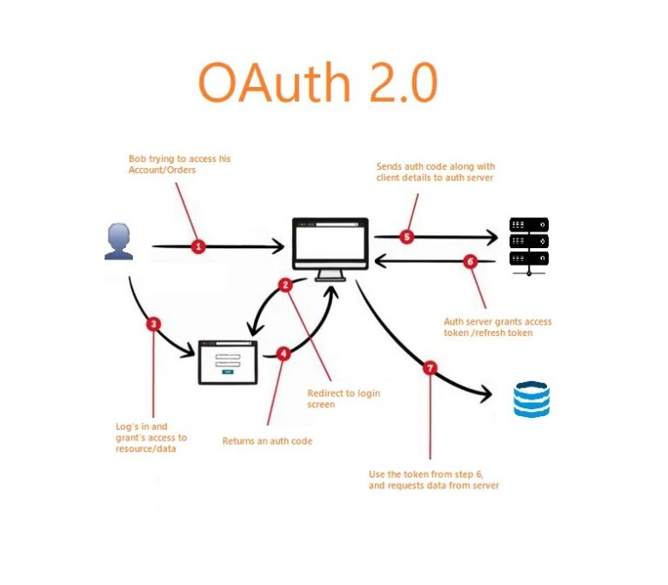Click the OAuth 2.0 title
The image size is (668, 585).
317,84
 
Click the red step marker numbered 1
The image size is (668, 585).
198,247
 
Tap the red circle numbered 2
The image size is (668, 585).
284,285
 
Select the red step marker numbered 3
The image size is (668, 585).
153,324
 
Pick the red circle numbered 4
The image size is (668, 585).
283,354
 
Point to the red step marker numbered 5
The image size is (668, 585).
407,236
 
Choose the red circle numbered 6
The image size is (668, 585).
471,260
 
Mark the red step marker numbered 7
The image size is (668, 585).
429,368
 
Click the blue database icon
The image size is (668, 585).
531,400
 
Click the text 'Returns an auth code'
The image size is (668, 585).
267,441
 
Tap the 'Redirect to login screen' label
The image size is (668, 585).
344,399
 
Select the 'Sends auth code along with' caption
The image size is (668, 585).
436,171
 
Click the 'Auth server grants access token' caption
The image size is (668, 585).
498,327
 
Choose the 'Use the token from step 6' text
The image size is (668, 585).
434,480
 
